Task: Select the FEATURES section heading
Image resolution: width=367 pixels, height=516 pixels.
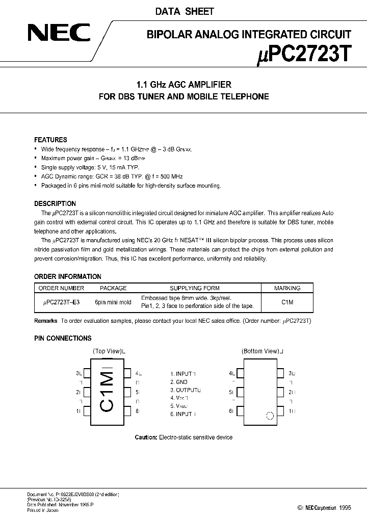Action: click(x=50, y=140)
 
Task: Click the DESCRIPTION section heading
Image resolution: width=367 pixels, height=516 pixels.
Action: click(x=55, y=203)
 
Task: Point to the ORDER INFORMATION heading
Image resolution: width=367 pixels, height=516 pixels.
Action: click(x=67, y=276)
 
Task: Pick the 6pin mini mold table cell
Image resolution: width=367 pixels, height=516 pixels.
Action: click(x=113, y=302)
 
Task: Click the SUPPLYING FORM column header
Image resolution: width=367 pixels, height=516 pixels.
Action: click(x=195, y=288)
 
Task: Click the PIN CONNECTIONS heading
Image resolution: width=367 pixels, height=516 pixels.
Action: click(x=63, y=338)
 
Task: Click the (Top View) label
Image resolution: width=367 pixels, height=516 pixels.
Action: click(x=108, y=351)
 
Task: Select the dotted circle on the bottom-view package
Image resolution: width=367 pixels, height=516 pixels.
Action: click(x=270, y=416)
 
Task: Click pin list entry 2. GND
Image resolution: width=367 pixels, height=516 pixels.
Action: click(x=179, y=381)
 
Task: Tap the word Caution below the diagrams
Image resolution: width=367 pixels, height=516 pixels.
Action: click(x=146, y=437)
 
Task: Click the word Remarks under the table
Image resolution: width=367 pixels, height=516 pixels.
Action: click(x=46, y=321)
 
